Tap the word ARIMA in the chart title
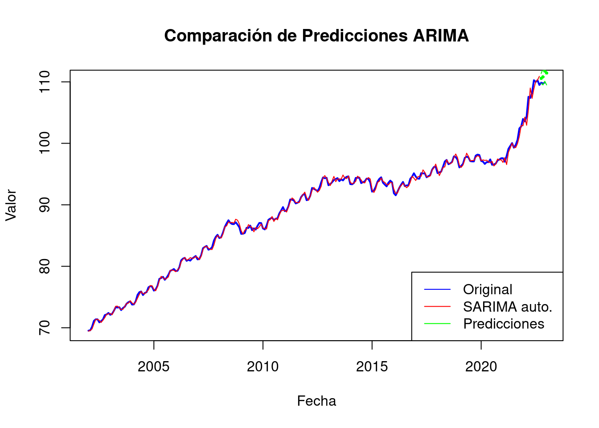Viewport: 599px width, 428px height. pyautogui.click(x=441, y=36)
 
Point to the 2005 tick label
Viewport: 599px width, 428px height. pyautogui.click(x=154, y=367)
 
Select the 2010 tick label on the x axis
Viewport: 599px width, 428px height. pyautogui.click(x=263, y=367)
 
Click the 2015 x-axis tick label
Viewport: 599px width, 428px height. pyautogui.click(x=372, y=367)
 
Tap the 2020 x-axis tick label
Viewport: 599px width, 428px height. pyautogui.click(x=481, y=367)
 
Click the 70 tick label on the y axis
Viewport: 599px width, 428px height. pyautogui.click(x=45, y=328)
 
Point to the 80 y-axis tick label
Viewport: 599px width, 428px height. pyautogui.click(x=45, y=266)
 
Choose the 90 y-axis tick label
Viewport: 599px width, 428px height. pyautogui.click(x=45, y=205)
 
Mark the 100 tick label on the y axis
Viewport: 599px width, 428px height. pyautogui.click(x=45, y=143)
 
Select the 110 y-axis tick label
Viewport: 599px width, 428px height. pyautogui.click(x=45, y=82)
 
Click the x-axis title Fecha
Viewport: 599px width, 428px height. pyautogui.click(x=316, y=401)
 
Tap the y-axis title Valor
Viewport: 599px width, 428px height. pyautogui.click(x=11, y=205)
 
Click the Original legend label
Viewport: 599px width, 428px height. pyautogui.click(x=488, y=290)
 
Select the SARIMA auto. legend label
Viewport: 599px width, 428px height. pyautogui.click(x=508, y=307)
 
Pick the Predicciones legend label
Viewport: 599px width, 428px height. pyautogui.click(x=504, y=324)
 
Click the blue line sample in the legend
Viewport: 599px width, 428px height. pyautogui.click(x=437, y=290)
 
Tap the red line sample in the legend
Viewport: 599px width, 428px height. pyautogui.click(x=437, y=307)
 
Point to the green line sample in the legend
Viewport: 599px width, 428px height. pyautogui.click(x=437, y=324)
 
